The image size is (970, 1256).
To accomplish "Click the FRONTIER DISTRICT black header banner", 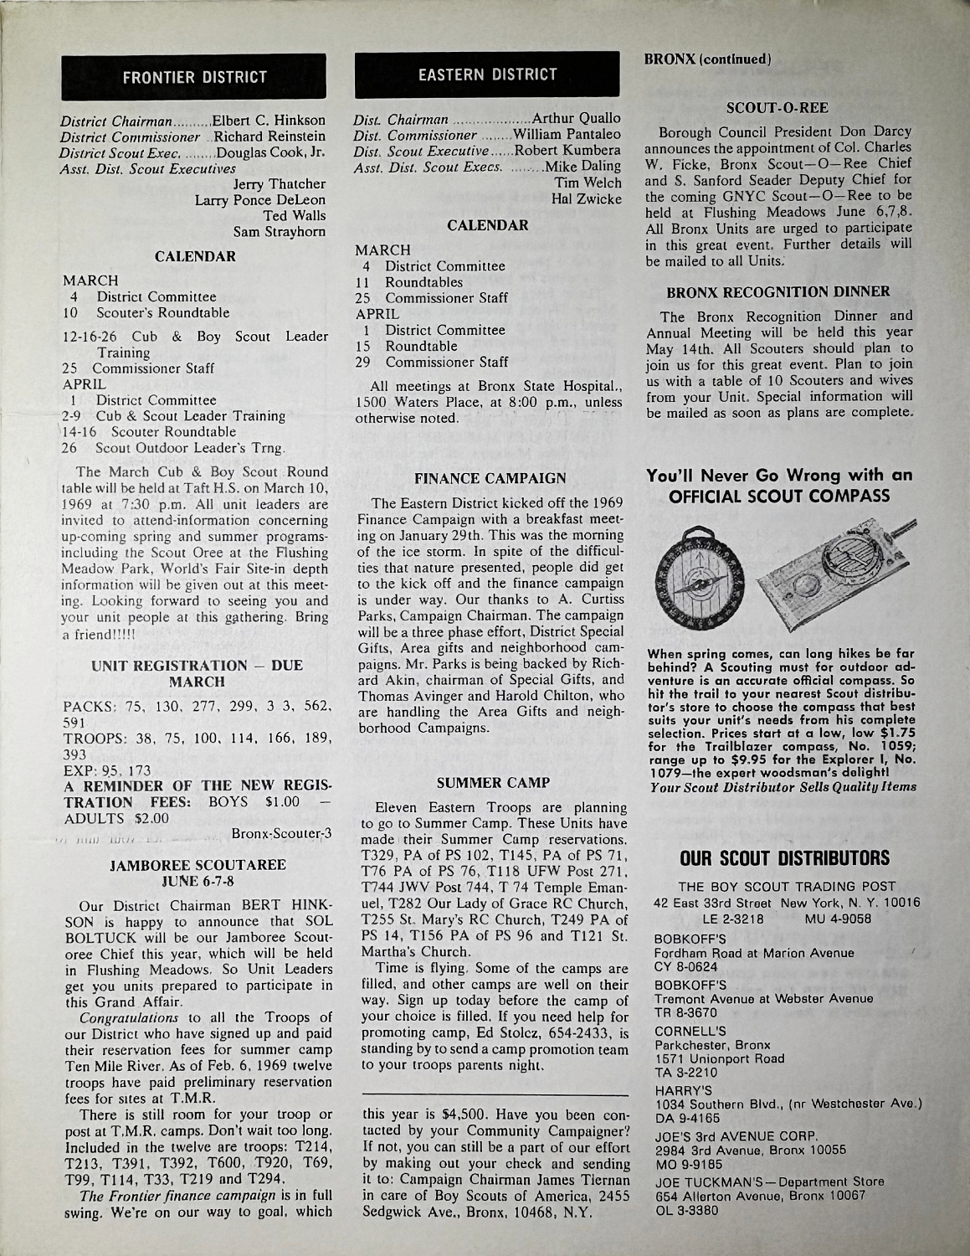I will click(x=194, y=78).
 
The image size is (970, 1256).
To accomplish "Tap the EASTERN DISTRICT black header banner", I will click(x=488, y=75).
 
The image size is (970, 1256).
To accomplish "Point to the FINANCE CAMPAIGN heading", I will click(x=490, y=478).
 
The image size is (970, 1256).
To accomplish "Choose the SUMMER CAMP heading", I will click(x=490, y=783).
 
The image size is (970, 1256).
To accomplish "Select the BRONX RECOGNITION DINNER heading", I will click(x=778, y=292).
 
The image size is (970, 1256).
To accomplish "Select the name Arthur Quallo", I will click(x=576, y=118).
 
